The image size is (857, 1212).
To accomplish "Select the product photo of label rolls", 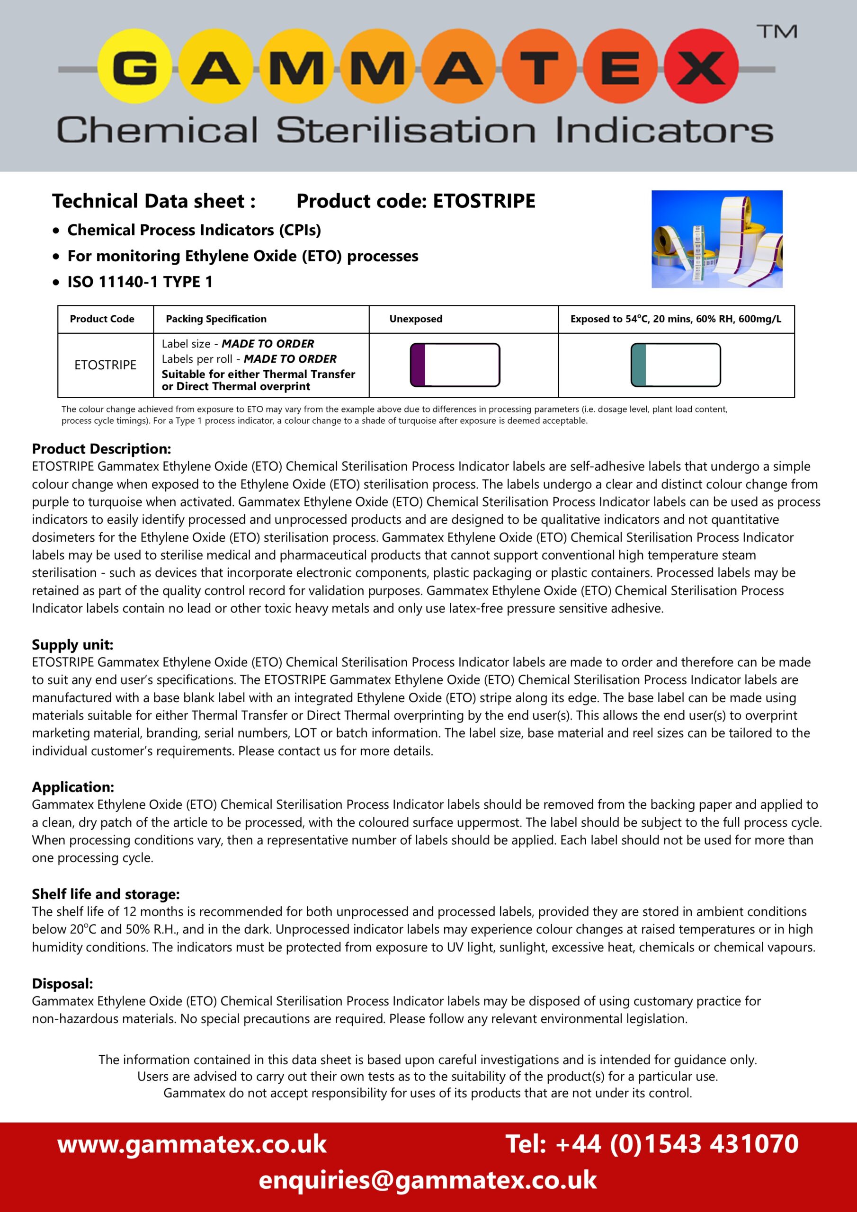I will [x=716, y=239].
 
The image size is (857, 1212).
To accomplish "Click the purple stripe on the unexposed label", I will [x=418, y=365].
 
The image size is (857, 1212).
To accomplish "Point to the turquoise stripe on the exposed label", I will [x=638, y=365].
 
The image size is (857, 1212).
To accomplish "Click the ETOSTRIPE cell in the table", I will [x=105, y=365].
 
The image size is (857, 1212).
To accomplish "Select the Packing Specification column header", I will [x=216, y=319].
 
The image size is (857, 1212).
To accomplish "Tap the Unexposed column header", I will [x=416, y=319].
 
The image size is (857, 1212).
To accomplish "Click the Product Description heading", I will [x=101, y=449].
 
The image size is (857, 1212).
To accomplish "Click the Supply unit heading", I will [x=72, y=644].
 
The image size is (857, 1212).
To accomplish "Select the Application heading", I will [x=73, y=787].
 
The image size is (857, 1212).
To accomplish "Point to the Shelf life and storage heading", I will [x=106, y=894].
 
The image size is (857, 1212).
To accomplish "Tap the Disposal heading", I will [x=62, y=983].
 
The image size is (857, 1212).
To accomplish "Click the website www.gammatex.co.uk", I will [x=192, y=1144].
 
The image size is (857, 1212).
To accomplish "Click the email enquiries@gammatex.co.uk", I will [x=428, y=1180].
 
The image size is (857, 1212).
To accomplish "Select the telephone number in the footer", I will [x=652, y=1144].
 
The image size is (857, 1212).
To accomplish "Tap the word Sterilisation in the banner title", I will [x=405, y=130].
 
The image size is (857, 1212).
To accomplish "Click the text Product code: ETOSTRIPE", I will [x=416, y=201].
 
